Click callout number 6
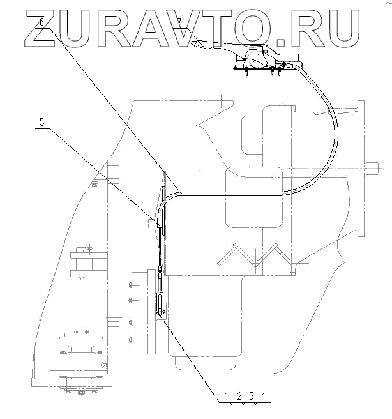click(41, 22)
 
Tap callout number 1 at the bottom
click(228, 396)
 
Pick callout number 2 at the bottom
click(239, 396)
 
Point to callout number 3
click(251, 396)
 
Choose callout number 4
click(262, 396)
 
